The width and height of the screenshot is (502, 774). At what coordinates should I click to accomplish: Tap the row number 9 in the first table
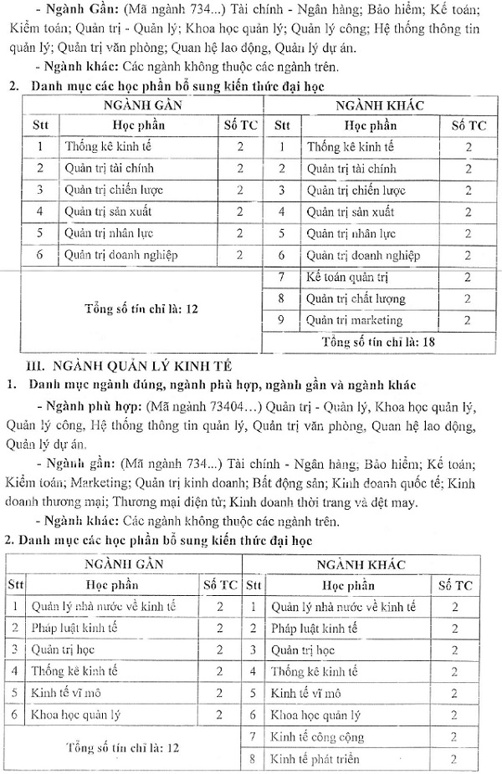[x=282, y=320]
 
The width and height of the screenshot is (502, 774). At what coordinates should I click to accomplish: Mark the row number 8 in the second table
[x=252, y=760]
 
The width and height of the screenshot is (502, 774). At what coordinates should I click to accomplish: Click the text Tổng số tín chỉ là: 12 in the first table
[x=141, y=308]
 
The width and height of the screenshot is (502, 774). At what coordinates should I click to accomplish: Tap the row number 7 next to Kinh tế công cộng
[x=252, y=737]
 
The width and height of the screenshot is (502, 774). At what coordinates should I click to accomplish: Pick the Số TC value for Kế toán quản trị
[x=468, y=277]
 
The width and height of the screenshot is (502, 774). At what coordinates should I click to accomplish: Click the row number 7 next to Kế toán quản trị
[x=282, y=277]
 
